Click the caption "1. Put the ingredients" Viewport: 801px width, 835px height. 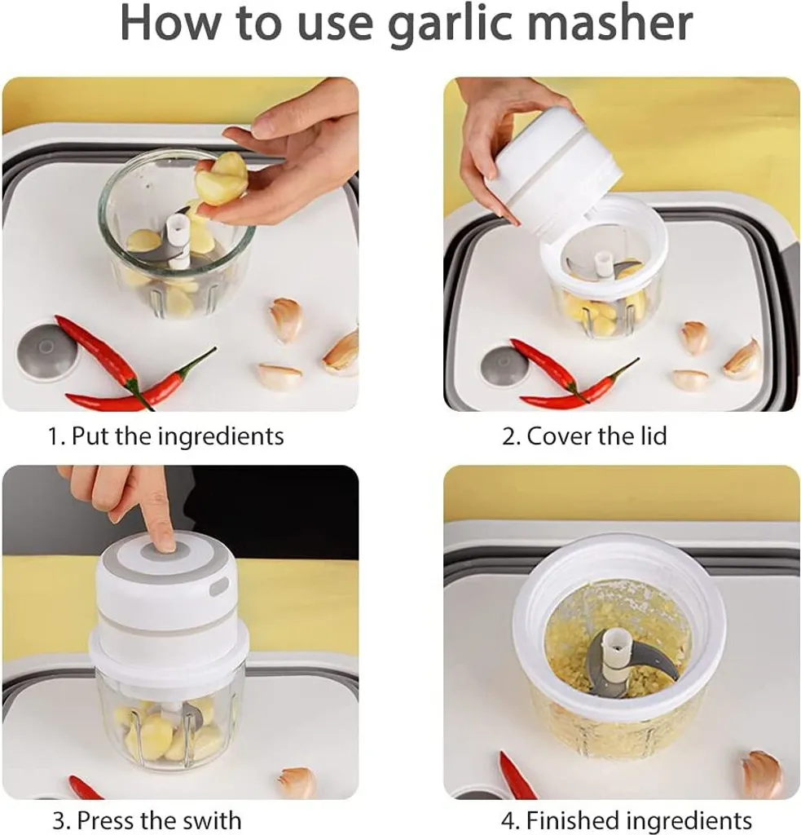tap(166, 436)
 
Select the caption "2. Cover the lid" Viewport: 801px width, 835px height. tap(584, 435)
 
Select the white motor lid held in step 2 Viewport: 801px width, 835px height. tap(553, 169)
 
